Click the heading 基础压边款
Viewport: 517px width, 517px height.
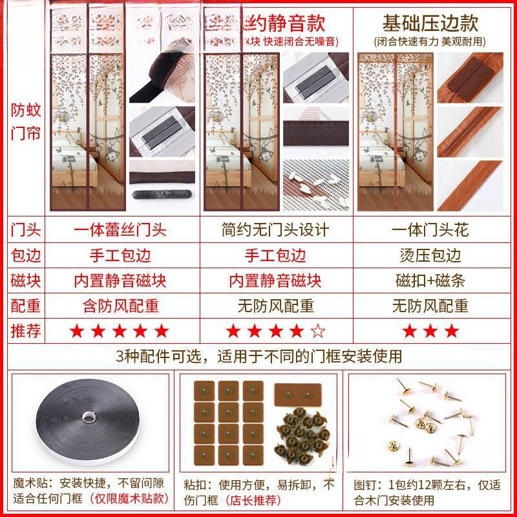point(430,23)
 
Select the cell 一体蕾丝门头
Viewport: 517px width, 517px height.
point(120,230)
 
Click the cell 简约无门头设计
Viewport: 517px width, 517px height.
point(275,230)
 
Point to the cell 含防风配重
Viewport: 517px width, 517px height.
point(120,306)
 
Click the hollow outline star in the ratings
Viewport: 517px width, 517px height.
point(318,332)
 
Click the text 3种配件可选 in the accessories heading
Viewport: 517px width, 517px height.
point(149,356)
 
